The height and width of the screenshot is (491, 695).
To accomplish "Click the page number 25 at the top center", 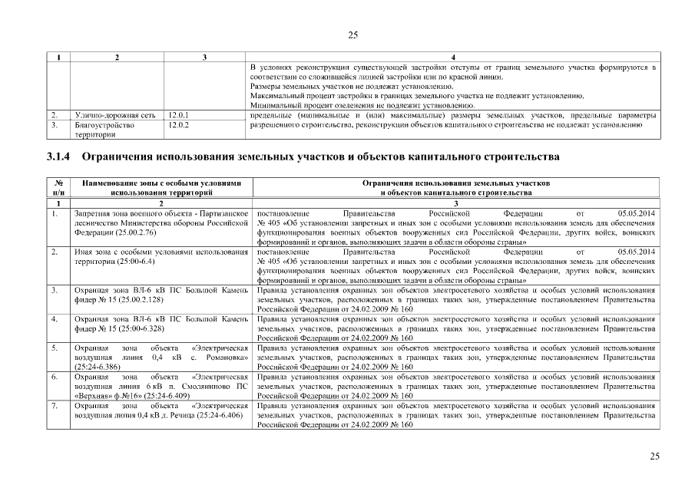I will (352, 35).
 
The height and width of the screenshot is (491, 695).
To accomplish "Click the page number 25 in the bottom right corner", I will (655, 456).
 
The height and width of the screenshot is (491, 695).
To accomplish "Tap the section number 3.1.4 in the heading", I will (58, 158).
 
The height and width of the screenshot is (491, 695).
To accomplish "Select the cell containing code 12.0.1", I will (178, 115).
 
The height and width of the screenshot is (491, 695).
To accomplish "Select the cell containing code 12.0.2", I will (178, 124).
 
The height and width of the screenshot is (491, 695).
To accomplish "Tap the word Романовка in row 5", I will (223, 358).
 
